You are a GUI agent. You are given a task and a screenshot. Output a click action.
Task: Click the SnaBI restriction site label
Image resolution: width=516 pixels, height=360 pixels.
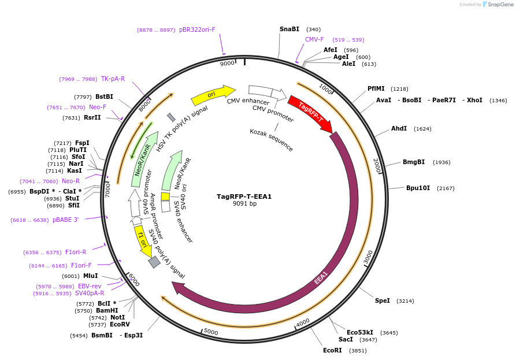[289, 29]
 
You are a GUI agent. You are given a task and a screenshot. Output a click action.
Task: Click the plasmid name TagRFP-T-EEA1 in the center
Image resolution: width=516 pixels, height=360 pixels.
[244, 196]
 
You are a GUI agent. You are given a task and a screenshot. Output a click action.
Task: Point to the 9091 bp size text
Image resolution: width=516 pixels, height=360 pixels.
[244, 204]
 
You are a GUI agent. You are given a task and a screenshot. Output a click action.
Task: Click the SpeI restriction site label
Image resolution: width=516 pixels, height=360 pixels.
[382, 300]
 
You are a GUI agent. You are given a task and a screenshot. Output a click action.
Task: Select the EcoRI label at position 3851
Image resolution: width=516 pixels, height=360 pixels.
[332, 350]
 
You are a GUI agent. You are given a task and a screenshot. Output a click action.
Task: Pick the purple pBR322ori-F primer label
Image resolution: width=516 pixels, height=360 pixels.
[196, 29]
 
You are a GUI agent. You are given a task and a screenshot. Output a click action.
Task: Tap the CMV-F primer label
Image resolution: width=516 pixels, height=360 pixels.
[314, 40]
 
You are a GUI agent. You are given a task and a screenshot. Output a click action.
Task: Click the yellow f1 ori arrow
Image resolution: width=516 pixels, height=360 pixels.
[143, 241]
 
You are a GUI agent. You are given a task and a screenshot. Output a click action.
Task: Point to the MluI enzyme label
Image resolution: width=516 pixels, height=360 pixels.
[90, 276]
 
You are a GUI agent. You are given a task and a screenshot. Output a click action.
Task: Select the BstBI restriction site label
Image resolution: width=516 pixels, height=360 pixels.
[104, 97]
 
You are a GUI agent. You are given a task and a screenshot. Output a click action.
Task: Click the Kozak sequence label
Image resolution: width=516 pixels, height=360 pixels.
[271, 140]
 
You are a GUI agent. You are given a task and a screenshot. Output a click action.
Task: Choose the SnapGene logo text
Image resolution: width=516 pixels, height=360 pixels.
[500, 5]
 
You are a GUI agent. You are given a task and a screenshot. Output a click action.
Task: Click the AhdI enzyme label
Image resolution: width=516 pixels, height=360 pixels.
[399, 128]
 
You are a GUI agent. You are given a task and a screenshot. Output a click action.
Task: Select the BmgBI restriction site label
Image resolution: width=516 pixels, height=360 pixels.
[414, 162]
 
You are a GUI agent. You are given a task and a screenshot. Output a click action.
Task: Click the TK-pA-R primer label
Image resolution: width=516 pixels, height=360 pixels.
[113, 79]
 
